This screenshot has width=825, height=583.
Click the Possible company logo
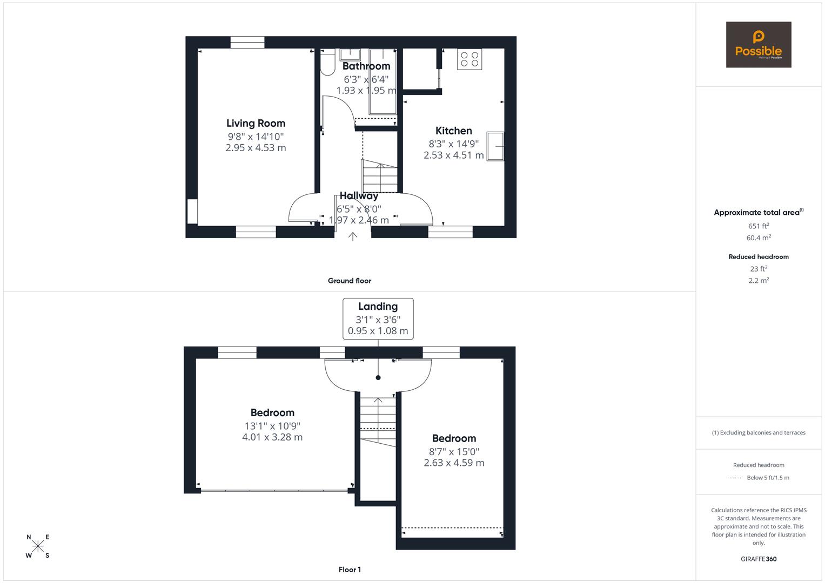[x=758, y=45]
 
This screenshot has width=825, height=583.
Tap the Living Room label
[x=256, y=123]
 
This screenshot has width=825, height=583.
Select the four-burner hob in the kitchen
[x=469, y=59]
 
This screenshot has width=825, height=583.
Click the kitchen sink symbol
[x=495, y=146]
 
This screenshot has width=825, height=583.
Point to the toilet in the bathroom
[x=327, y=63]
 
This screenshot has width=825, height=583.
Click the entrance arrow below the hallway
[x=353, y=236]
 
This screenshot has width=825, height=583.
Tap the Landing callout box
[x=378, y=318]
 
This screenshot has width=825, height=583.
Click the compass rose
[x=38, y=546]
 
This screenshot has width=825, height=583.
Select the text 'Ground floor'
[x=349, y=281]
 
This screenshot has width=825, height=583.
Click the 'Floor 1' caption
[x=350, y=570]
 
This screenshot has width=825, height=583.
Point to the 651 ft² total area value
[x=758, y=226]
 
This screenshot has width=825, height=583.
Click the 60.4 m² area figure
[x=758, y=238]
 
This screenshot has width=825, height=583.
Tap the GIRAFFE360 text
[x=758, y=559]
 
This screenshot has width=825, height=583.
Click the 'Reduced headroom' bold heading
[x=758, y=257]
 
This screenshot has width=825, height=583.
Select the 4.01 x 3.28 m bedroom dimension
[x=272, y=437]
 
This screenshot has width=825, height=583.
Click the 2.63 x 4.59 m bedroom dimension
[x=454, y=463]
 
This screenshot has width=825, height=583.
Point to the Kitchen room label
[x=453, y=131]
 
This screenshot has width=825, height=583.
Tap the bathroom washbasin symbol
[x=350, y=55]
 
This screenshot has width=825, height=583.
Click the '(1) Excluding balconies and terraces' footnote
[x=758, y=432]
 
